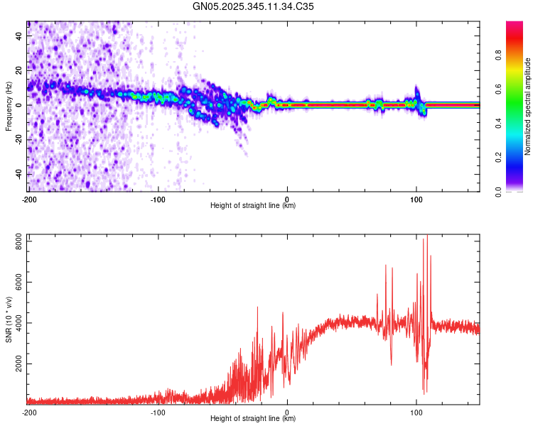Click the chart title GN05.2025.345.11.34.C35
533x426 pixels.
(254, 6)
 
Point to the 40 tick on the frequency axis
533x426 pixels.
(20, 35)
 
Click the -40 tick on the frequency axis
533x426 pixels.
(18, 175)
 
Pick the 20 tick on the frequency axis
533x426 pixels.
(20, 70)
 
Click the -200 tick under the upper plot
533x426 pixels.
(29, 198)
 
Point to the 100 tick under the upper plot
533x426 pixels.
(416, 198)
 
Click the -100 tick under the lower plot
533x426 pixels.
(158, 412)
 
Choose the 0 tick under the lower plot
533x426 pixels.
(287, 412)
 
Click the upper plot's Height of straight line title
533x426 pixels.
(253, 206)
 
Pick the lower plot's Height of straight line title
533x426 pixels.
(253, 419)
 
